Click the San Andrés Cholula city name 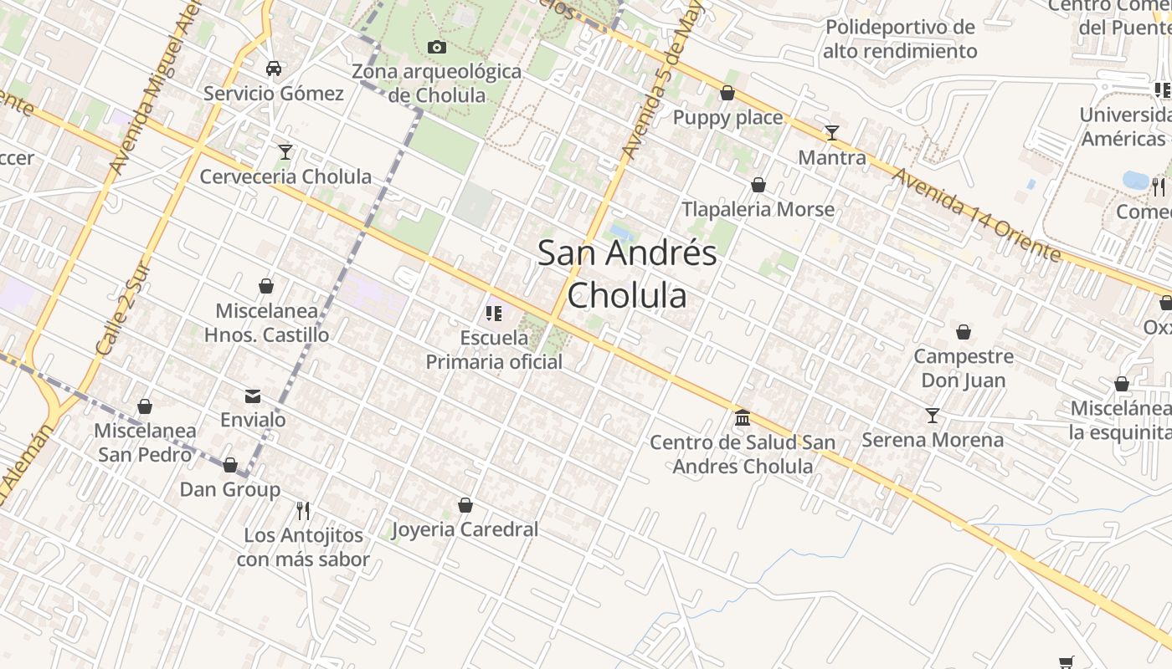[x=627, y=273]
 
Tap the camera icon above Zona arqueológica [x=436, y=48]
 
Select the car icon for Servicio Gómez [x=274, y=69]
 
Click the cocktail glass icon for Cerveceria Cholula [x=285, y=151]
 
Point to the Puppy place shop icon [x=727, y=93]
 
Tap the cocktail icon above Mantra [x=831, y=132]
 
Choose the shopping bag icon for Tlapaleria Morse [x=758, y=185]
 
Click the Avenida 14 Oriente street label [x=975, y=214]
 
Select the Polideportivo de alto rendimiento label [x=900, y=39]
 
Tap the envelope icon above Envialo [x=253, y=396]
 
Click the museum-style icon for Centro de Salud [x=743, y=417]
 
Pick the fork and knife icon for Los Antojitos [x=303, y=510]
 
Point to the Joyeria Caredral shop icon [x=465, y=505]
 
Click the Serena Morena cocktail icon [x=932, y=416]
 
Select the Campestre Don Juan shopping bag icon [x=964, y=332]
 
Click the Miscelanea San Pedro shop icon [x=145, y=406]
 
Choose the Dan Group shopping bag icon [x=230, y=465]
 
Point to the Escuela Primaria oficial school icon [x=493, y=314]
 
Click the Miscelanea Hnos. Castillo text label [x=266, y=323]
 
